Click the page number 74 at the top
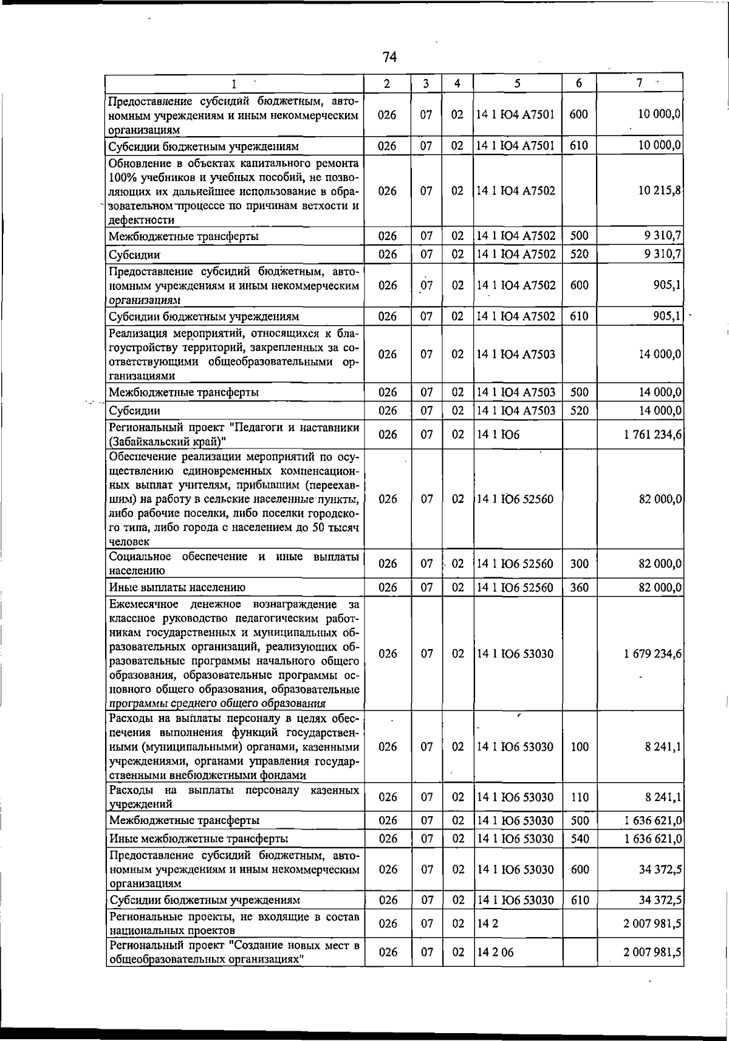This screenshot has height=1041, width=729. click(x=389, y=57)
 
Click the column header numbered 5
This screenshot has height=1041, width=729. click(x=516, y=83)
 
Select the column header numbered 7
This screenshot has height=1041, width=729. click(x=640, y=83)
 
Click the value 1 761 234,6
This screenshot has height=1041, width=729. click(x=652, y=435)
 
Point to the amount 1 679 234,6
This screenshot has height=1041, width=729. click(x=652, y=654)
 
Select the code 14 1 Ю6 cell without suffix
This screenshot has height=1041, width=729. click(x=498, y=435)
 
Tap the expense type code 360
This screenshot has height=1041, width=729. click(x=580, y=588)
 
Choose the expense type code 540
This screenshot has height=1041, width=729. click(x=580, y=839)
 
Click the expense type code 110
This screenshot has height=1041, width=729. click(x=580, y=797)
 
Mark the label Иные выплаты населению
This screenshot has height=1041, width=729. click(x=177, y=588)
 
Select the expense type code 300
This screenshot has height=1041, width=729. click(x=580, y=564)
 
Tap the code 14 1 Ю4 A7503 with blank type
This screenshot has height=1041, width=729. click(x=516, y=354)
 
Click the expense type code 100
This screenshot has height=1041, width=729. click(x=580, y=747)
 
